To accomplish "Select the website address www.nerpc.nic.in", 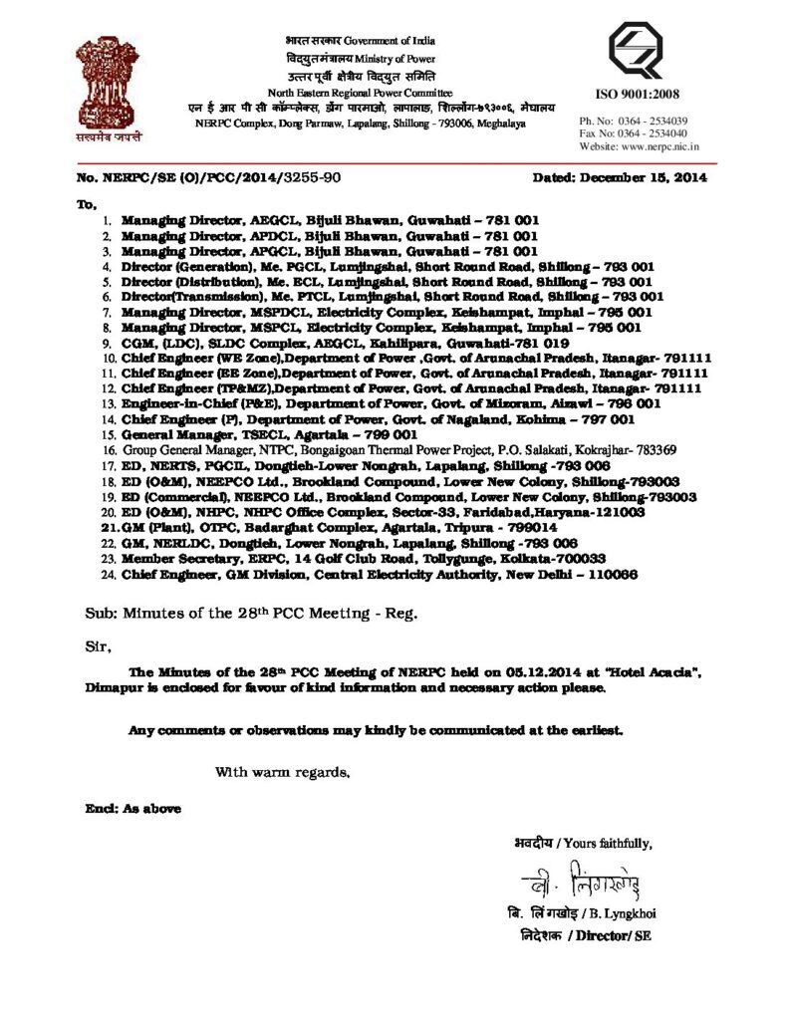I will (662, 145).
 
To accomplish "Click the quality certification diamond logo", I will (636, 51).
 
